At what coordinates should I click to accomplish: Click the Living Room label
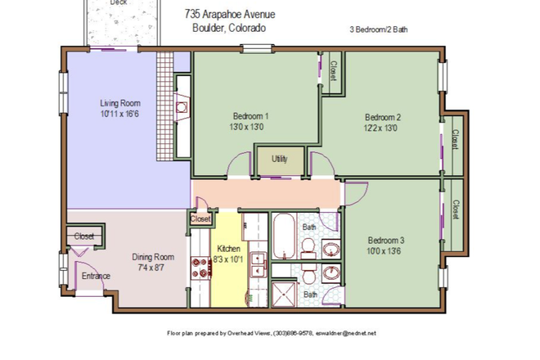(x=120, y=103)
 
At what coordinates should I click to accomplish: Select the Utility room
(x=280, y=160)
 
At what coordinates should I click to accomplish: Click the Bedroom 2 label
(x=382, y=116)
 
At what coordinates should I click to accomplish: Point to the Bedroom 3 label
(x=385, y=240)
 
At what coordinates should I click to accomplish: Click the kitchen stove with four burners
(x=200, y=268)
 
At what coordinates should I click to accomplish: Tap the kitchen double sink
(x=257, y=263)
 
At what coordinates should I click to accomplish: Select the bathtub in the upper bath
(x=286, y=235)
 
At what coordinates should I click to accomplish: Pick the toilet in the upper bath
(x=309, y=245)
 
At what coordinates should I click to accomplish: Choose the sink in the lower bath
(x=331, y=273)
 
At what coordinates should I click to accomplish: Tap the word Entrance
(x=96, y=276)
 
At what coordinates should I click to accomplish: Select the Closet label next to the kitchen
(x=200, y=219)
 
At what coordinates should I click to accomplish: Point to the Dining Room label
(x=154, y=256)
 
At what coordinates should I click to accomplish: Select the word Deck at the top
(x=119, y=3)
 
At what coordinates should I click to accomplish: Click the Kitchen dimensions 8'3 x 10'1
(x=227, y=259)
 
